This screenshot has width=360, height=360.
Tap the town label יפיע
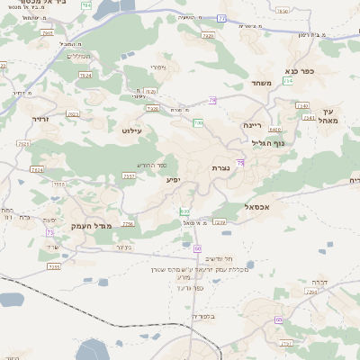click(x=173, y=179)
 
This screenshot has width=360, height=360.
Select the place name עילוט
click(x=132, y=130)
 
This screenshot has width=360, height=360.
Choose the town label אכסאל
click(x=256, y=207)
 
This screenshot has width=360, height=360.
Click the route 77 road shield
click(x=222, y=17)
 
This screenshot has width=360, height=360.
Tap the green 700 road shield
click(x=198, y=122)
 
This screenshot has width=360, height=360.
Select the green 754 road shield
click(x=288, y=81)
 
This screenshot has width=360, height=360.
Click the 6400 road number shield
click(x=274, y=129)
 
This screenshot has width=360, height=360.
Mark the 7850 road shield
click(x=58, y=184)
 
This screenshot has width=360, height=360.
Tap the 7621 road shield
click(x=23, y=143)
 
